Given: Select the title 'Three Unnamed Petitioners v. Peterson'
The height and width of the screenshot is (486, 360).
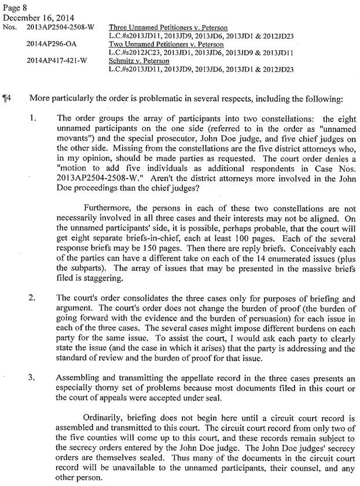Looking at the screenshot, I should pyautogui.click(x=168, y=27).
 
